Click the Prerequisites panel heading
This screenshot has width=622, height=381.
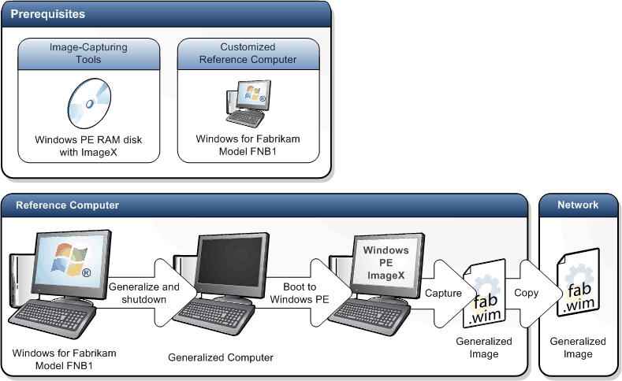tap(48, 14)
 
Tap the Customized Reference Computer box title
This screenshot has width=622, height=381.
tap(248, 53)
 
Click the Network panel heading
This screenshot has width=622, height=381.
tap(578, 205)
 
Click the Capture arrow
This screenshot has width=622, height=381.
tap(443, 293)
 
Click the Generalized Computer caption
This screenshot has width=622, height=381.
tap(221, 357)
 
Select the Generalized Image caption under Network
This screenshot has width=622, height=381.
tap(578, 347)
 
